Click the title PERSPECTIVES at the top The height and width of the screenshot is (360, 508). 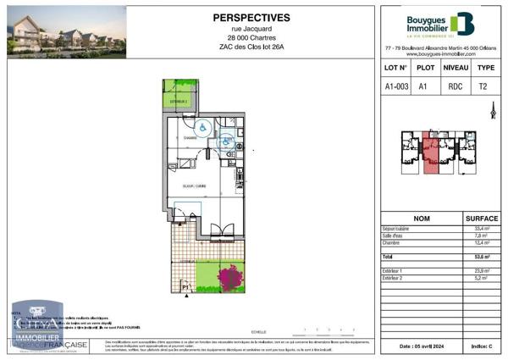tap(250, 17)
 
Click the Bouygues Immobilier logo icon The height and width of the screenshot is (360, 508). tap(462, 23)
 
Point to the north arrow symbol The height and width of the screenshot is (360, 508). tap(493, 110)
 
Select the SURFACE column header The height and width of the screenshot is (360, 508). tap(482, 218)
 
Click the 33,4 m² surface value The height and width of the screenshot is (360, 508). tap(479, 230)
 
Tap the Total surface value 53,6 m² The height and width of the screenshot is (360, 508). tap(479, 255)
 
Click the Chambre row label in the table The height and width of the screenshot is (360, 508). tap(393, 243)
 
